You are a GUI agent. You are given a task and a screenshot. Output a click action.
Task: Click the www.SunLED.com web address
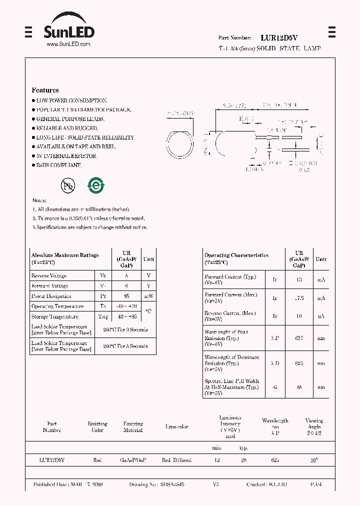tap(68, 44)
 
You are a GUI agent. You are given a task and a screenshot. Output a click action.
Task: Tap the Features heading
tap(45, 90)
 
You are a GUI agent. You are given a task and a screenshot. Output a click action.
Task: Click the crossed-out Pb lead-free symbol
tap(67, 186)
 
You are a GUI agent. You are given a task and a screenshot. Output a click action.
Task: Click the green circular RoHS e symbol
tap(95, 185)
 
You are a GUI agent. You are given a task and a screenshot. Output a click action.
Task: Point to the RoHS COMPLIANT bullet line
tap(58, 165)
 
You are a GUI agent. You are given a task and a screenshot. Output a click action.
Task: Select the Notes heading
tap(39, 200)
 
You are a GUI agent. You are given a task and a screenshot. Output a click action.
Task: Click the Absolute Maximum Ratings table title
tap(65, 255)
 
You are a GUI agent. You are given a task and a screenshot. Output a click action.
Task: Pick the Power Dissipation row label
tap(51, 296)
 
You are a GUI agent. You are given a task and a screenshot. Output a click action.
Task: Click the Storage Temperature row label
tap(54, 316)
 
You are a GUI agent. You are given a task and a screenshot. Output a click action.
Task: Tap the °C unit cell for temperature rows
tap(148, 311)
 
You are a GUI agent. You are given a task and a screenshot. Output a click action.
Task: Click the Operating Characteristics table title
tap(236, 255)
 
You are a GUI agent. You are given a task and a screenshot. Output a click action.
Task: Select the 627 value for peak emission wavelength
tap(299, 338)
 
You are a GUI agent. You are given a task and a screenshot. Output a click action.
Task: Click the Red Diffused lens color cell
tap(176, 460)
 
